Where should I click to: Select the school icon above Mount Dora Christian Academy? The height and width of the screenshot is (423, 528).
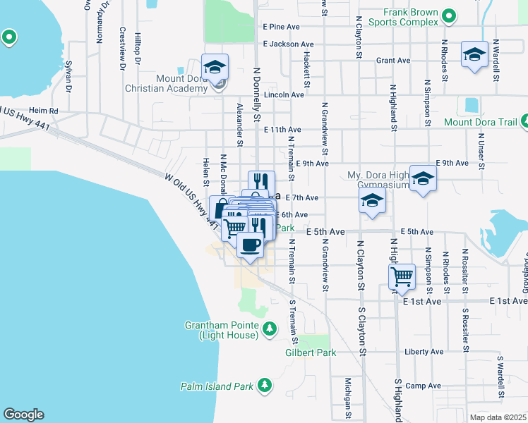click(x=215, y=68)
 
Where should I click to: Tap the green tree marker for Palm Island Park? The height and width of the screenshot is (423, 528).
click(x=264, y=385)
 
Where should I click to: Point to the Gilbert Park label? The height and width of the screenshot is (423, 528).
click(x=311, y=352)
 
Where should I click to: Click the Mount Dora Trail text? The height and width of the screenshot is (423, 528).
click(x=481, y=121)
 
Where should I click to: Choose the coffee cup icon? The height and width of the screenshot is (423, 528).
click(x=250, y=245)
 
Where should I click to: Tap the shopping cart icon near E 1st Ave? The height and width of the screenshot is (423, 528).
click(x=402, y=276)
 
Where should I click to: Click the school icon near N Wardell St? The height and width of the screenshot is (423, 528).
click(x=474, y=54)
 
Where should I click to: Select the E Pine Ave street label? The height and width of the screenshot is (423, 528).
click(x=282, y=27)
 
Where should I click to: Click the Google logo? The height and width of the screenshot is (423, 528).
click(x=23, y=415)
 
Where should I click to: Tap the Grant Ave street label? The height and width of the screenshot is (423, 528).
click(x=393, y=61)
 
